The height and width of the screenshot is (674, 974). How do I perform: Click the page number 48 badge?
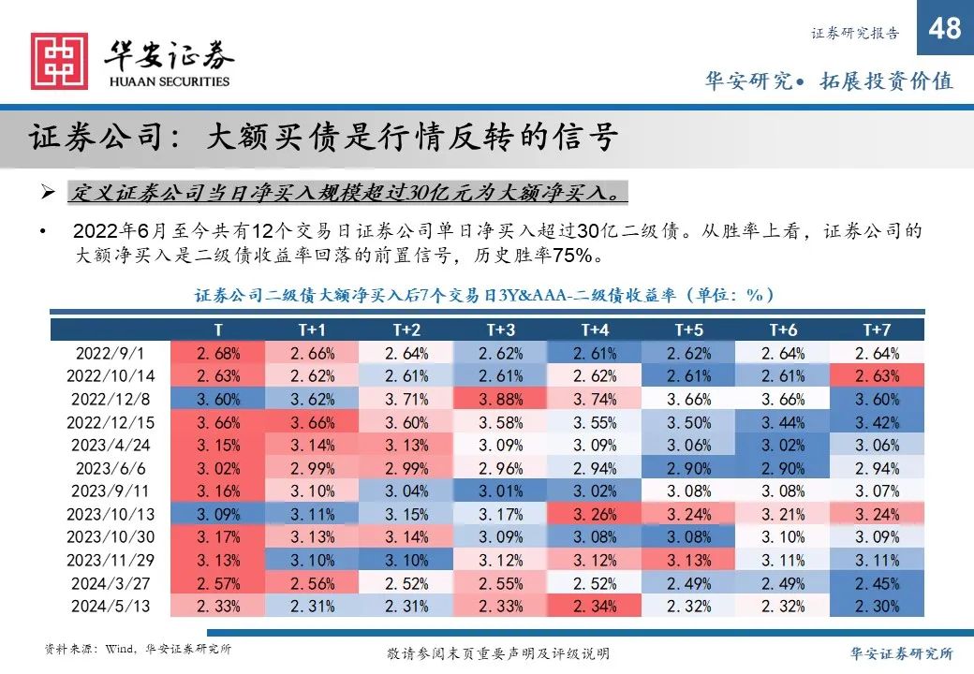pyautogui.click(x=945, y=30)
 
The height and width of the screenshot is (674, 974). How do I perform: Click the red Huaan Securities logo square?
pyautogui.click(x=59, y=62)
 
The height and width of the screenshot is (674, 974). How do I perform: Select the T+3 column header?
pyautogui.click(x=501, y=330)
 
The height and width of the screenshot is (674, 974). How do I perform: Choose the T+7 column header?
pyautogui.click(x=877, y=330)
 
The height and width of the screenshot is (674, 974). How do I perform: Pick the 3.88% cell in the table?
pyautogui.click(x=501, y=400)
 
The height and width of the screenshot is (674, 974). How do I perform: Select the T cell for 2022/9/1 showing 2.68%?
pyautogui.click(x=218, y=353)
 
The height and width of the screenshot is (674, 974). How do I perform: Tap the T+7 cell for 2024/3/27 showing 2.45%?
pyautogui.click(x=877, y=582)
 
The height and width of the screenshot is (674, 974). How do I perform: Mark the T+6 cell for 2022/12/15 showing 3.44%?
pyautogui.click(x=782, y=423)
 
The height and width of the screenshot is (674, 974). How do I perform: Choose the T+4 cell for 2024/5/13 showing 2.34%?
pyautogui.click(x=595, y=606)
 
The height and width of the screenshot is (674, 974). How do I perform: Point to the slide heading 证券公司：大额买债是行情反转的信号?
pyautogui.click(x=323, y=138)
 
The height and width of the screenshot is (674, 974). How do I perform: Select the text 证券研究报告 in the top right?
pyautogui.click(x=854, y=34)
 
